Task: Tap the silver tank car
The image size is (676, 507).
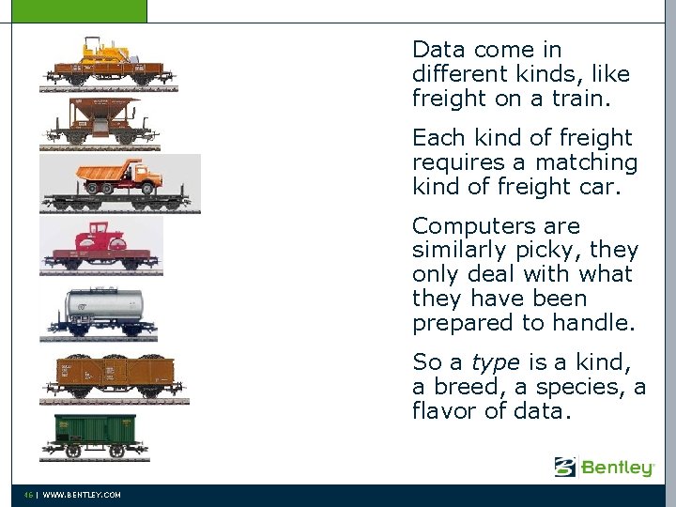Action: click(x=104, y=306)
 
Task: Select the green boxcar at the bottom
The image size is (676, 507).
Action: click(x=94, y=433)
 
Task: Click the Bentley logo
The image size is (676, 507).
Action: click(x=604, y=467)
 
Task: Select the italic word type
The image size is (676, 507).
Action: click(x=495, y=361)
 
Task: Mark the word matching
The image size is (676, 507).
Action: click(x=591, y=162)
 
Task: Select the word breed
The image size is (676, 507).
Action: click(x=468, y=386)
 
